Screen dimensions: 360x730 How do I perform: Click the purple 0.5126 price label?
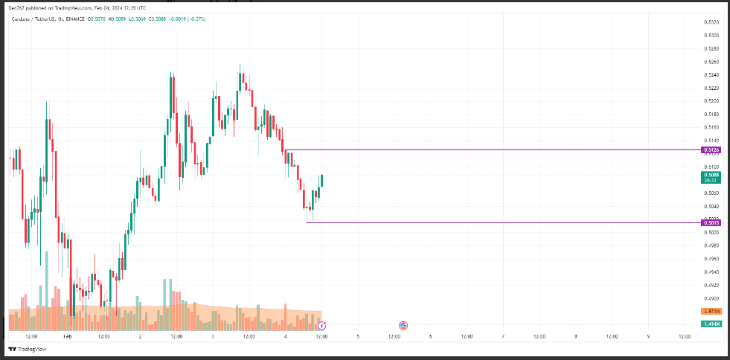click(x=711, y=150)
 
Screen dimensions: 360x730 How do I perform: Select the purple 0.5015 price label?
click(x=711, y=222)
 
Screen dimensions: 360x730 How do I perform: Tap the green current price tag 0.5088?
click(x=711, y=174)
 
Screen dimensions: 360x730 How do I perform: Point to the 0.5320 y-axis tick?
click(x=711, y=22)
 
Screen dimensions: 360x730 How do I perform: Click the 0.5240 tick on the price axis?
click(x=711, y=74)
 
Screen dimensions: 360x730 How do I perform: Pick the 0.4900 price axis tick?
click(x=711, y=298)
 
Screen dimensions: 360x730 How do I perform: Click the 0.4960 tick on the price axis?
click(x=711, y=259)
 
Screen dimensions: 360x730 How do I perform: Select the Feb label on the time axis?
click(x=67, y=336)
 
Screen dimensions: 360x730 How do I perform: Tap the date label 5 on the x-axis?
click(x=358, y=336)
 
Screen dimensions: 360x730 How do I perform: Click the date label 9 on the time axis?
click(x=648, y=336)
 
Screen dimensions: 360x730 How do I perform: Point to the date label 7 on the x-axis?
click(x=503, y=336)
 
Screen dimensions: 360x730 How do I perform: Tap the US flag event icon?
click(x=403, y=325)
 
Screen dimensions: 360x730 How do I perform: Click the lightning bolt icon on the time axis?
click(x=321, y=325)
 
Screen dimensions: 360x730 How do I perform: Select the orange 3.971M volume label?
click(x=711, y=311)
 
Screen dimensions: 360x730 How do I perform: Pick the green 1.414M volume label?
click(x=711, y=324)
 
